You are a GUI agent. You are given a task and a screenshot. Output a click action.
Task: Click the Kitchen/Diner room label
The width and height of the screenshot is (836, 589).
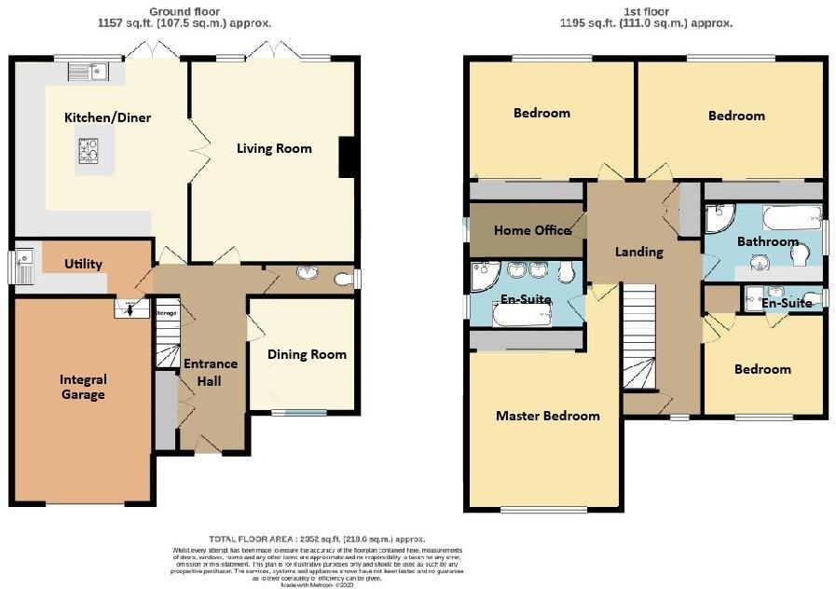[107, 117]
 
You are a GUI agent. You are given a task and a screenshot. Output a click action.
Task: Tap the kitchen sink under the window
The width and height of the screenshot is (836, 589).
[93, 70]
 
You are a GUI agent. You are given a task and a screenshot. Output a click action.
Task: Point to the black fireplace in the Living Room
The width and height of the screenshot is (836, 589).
[347, 157]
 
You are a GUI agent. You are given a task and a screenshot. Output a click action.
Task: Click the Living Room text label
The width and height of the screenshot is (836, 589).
[274, 148]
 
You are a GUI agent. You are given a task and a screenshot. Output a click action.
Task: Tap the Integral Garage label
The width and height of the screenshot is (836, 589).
[83, 387]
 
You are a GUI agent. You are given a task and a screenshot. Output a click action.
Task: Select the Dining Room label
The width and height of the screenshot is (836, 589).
[307, 354]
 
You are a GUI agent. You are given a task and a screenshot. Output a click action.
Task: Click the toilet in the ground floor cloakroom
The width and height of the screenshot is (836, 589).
[344, 278]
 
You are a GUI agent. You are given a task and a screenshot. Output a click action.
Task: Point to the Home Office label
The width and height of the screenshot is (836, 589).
[532, 230]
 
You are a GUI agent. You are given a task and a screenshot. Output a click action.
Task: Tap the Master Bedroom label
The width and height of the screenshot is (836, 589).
[547, 416]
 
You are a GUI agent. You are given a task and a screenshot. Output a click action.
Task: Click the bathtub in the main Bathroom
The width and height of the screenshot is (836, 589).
[788, 220]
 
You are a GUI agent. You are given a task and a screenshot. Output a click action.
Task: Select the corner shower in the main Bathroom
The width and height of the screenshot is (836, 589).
[719, 219]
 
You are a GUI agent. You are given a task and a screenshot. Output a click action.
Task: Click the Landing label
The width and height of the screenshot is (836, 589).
[639, 252]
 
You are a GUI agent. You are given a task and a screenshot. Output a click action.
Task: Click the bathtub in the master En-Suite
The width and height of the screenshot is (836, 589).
[522, 314]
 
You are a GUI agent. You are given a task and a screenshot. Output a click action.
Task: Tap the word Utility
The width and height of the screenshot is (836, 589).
[83, 264]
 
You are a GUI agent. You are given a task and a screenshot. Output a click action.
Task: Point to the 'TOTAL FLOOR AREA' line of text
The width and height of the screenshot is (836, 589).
[317, 539]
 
